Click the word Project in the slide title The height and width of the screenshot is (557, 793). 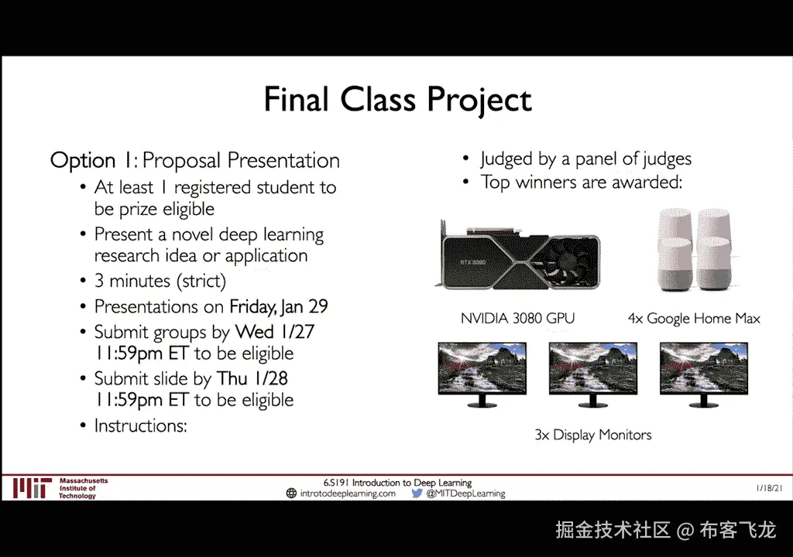479,100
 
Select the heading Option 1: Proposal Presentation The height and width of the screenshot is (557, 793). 194,161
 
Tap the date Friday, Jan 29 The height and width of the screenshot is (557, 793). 279,306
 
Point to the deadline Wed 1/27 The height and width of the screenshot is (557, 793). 275,332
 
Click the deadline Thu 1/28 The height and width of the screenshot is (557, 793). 252,378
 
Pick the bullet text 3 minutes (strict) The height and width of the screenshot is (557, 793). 160,281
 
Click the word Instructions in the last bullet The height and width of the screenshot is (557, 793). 141,425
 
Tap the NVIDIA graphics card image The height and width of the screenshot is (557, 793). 517,257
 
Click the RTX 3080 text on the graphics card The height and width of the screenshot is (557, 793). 473,262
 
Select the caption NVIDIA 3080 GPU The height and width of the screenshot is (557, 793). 517,318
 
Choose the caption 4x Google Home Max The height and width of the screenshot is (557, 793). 694,319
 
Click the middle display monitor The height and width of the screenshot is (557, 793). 592,374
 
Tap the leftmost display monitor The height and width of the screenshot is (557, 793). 482,374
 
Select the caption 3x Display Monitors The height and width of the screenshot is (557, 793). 593,435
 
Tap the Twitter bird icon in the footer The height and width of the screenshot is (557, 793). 417,494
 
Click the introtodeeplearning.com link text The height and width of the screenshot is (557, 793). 348,494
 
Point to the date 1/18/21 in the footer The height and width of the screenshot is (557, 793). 769,487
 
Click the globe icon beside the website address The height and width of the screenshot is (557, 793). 291,494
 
